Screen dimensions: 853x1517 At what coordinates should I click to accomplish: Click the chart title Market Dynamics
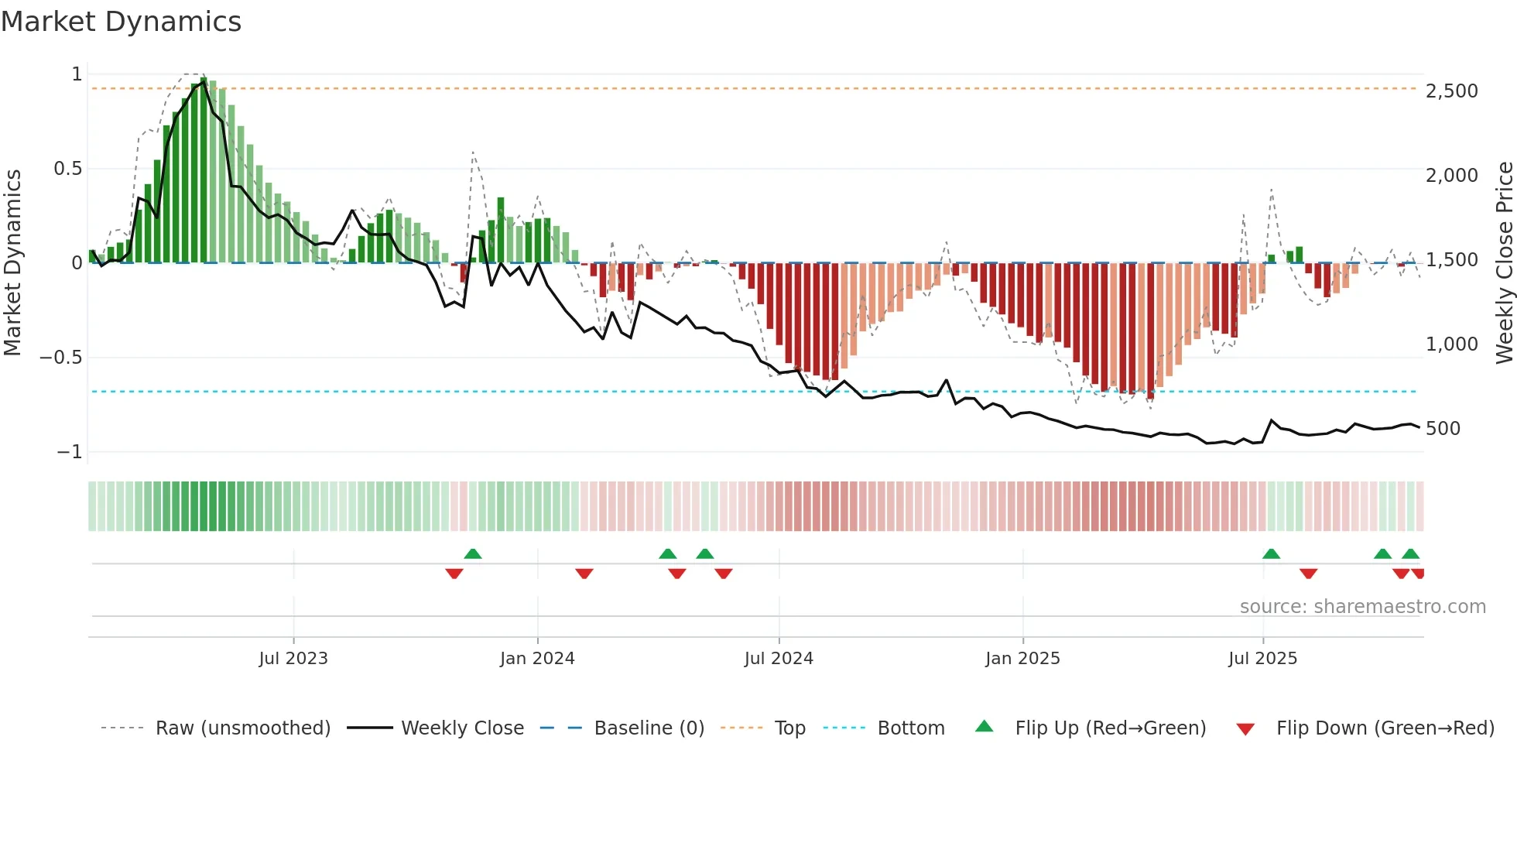121,22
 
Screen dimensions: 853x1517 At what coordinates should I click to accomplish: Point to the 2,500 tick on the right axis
1451,91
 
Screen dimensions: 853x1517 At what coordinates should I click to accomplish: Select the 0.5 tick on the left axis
68,169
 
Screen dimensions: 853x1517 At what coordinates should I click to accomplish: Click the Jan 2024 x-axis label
537,659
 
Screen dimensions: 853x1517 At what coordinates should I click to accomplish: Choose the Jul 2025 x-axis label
1262,659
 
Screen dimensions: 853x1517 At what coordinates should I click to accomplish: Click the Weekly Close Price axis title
1504,263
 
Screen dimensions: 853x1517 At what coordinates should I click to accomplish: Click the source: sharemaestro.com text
1362,607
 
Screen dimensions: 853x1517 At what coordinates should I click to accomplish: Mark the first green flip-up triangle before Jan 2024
473,553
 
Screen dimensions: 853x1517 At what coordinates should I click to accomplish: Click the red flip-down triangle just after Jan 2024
584,574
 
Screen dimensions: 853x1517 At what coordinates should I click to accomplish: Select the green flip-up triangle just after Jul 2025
1271,553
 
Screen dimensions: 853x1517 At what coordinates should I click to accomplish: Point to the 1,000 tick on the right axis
1451,344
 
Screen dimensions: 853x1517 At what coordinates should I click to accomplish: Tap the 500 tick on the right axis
1443,429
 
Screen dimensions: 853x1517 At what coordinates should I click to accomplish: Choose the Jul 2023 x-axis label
293,659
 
